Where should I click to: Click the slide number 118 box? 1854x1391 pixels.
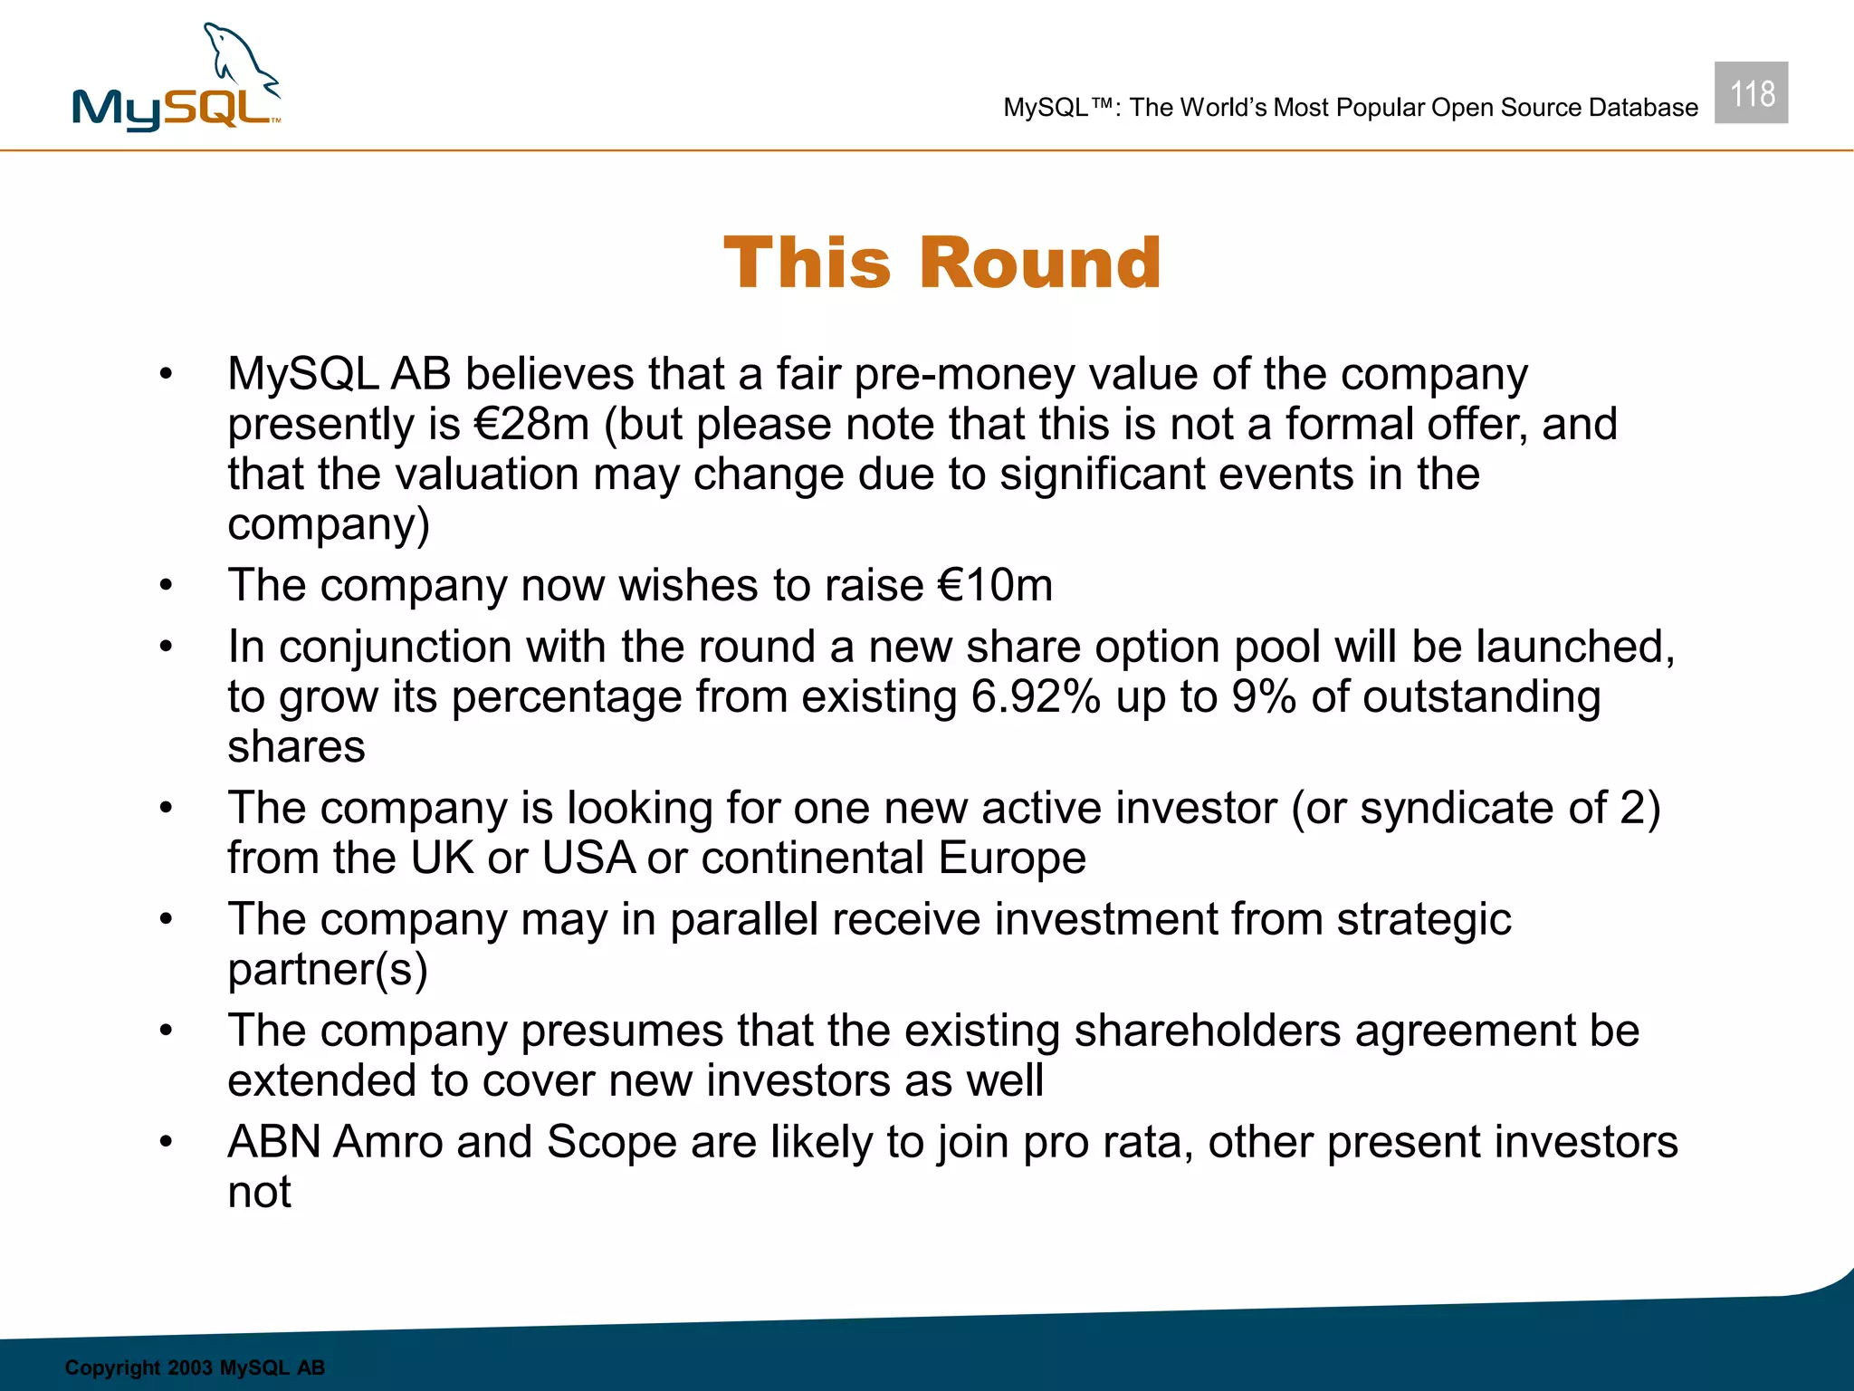point(1751,93)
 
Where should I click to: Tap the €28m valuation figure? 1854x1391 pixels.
point(531,425)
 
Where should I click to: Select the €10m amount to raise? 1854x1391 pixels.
point(995,585)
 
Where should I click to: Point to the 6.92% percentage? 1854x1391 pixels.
point(1035,697)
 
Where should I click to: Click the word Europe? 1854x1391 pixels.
point(1011,858)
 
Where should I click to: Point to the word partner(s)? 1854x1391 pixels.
point(327,969)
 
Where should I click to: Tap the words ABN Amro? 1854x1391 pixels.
point(335,1142)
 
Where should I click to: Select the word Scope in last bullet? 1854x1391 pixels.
point(612,1142)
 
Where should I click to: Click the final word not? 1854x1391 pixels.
point(259,1192)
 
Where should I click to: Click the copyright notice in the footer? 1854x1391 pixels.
point(195,1367)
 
